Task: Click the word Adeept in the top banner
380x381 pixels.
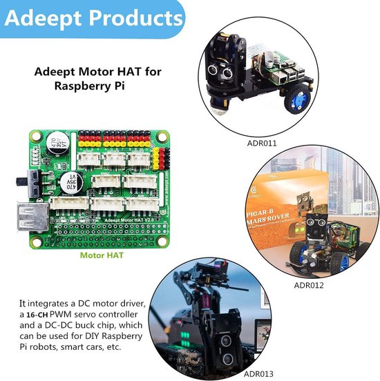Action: (x=41, y=17)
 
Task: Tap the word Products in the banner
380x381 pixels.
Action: (x=131, y=17)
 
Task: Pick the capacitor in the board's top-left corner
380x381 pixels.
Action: (x=56, y=145)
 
